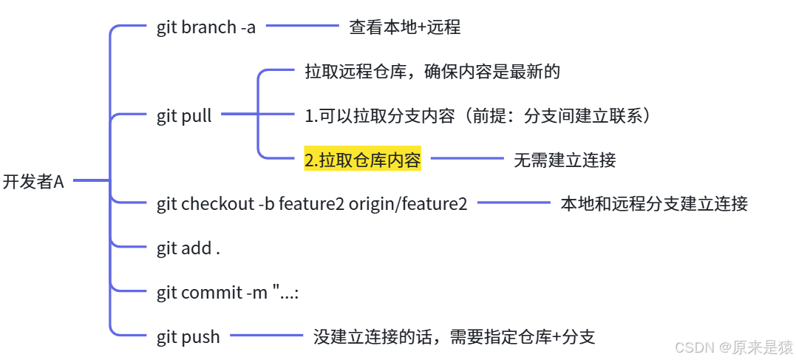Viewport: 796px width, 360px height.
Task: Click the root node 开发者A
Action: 33,182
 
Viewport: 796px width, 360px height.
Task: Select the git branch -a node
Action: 205,27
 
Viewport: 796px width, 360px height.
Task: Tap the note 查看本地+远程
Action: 404,28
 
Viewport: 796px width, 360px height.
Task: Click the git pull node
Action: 184,116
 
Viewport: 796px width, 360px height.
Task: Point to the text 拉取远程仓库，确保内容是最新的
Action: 432,72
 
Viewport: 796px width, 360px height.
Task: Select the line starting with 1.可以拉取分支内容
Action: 478,116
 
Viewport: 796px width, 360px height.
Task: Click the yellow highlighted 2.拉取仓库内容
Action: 362,160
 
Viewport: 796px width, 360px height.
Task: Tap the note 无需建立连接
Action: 565,160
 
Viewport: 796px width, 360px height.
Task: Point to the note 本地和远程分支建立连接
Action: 654,204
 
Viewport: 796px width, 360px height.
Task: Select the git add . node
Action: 188,248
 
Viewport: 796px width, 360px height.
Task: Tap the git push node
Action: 188,337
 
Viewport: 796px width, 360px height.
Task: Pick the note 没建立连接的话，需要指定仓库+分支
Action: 454,337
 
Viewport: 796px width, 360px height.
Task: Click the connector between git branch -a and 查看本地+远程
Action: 302,27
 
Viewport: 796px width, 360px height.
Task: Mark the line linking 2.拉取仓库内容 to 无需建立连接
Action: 467,158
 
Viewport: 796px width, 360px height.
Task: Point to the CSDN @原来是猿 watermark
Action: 734,347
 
